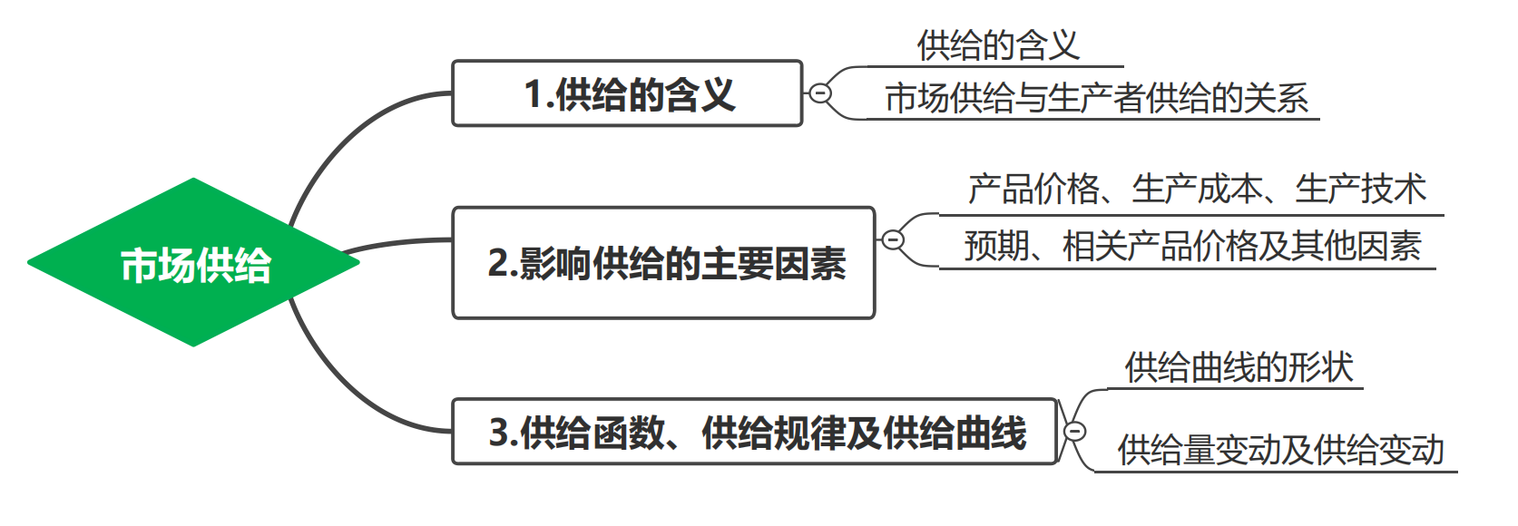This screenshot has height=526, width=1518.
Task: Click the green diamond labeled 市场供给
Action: coord(194,263)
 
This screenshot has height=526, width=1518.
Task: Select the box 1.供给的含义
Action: coord(627,93)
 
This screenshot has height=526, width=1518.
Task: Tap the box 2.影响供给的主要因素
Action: coord(663,263)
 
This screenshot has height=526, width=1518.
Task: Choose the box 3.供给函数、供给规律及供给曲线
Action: coord(755,432)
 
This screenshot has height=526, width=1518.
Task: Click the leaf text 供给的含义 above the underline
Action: coord(998,45)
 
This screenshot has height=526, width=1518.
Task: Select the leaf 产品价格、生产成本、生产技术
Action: coord(1196,190)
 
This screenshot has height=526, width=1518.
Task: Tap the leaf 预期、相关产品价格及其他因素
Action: coord(1191,246)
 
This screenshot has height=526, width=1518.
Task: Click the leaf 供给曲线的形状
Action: coord(1239,368)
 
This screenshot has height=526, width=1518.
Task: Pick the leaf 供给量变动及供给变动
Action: coord(1279,450)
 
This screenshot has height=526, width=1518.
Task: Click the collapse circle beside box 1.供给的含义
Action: coord(819,93)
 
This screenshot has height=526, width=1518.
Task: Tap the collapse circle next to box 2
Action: coord(893,240)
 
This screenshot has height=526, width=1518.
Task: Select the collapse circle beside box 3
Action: coord(1074,432)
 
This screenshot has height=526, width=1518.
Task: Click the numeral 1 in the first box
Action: coord(534,94)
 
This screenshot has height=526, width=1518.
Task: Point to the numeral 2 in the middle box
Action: coord(497,264)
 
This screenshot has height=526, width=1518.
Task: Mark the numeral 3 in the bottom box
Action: coord(498,433)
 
